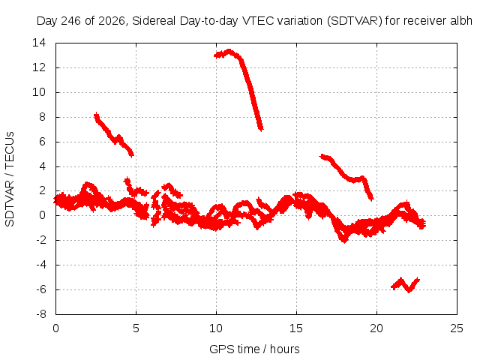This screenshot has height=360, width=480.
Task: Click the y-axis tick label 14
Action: pos(39,43)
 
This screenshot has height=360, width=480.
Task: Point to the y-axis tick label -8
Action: pos(40,314)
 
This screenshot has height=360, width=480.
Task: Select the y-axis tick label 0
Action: pos(43,215)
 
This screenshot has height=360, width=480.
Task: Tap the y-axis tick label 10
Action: pos(39,92)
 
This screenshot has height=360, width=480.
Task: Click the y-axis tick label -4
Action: pos(40,265)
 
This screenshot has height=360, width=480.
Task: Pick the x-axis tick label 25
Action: pos(457,328)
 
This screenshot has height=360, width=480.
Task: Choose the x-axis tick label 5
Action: pos(136,328)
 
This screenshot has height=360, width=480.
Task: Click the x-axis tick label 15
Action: pos(296,328)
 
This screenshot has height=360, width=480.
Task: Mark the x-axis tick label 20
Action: pos(376,328)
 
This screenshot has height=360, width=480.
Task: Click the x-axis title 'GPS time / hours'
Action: pos(254,349)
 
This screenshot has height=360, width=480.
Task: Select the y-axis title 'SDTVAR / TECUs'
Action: pos(10,179)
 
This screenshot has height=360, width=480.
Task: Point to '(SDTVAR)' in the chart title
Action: pos(355,21)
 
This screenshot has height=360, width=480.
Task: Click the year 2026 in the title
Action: pos(112,21)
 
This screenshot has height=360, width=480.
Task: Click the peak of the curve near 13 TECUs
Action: pos(229,51)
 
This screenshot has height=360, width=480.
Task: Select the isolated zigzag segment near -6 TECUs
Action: pos(405,285)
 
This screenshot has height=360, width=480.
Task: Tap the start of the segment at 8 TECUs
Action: pos(97,116)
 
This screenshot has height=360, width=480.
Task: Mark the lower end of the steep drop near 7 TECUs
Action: pos(261,129)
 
